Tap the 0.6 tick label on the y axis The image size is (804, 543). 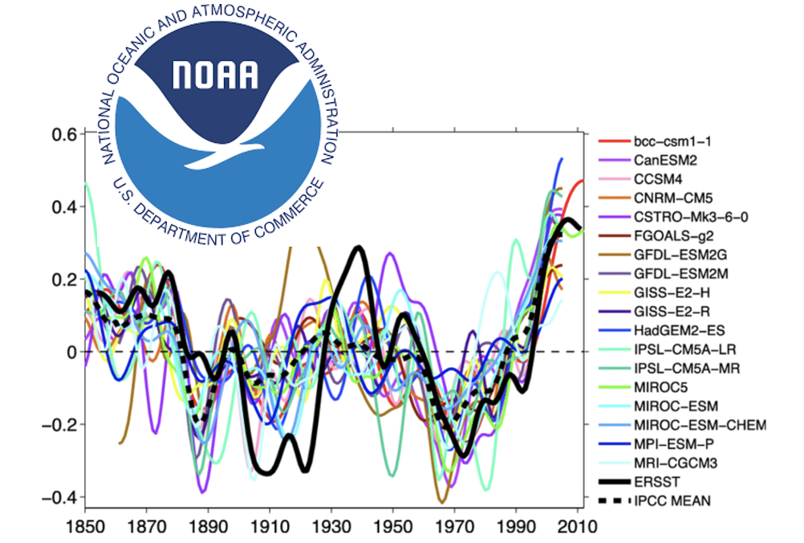coord(63,134)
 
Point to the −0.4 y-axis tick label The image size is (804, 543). coord(59,497)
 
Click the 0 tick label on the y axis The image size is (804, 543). coord(70,352)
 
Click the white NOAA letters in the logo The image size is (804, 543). coord(217,74)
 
